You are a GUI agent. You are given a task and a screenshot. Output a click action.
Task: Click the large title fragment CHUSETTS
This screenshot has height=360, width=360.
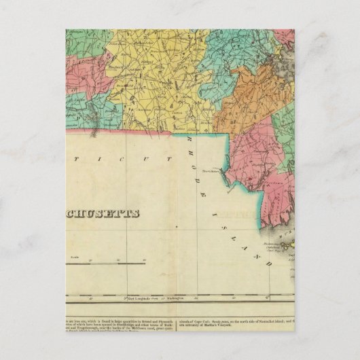102,213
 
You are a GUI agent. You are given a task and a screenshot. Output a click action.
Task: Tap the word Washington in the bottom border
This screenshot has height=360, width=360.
177,298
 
